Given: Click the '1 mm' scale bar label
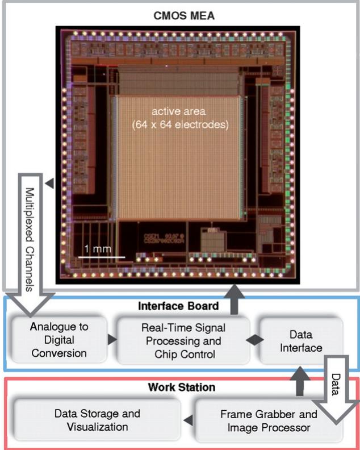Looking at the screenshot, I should coord(94,249).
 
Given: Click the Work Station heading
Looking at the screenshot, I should coord(181,388).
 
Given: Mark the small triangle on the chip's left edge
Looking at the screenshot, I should coord(51,184).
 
